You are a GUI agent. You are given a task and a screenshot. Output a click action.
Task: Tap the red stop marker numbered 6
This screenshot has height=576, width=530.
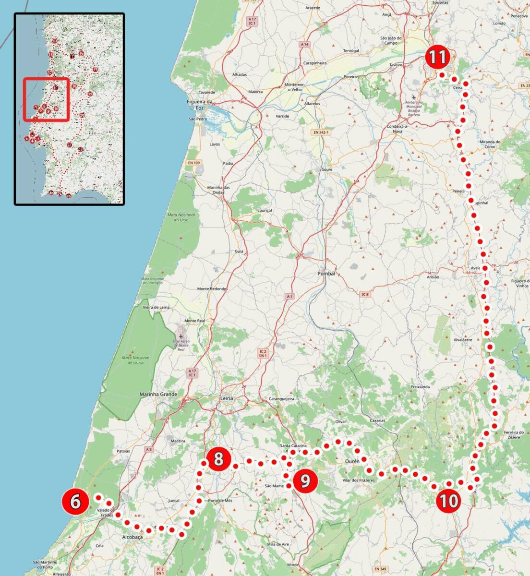75,502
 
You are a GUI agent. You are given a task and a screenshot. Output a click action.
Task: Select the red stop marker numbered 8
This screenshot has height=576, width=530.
218,459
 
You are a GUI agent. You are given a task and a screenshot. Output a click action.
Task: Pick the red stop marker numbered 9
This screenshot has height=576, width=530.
305,480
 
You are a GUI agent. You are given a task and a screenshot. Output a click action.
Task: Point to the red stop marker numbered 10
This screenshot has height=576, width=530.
449,501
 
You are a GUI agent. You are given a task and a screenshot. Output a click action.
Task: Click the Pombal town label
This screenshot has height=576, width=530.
325,274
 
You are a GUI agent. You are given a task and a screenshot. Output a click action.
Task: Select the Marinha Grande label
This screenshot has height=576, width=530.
158,395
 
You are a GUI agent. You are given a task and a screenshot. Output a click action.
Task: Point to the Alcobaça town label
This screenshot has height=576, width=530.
132,537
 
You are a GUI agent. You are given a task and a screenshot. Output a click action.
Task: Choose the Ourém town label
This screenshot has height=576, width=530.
352,461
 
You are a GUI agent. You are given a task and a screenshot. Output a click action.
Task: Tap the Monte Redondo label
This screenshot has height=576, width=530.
212,289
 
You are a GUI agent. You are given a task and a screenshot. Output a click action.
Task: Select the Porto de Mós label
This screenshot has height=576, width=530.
221,501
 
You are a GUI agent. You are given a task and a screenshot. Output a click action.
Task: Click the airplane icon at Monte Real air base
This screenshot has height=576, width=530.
181,335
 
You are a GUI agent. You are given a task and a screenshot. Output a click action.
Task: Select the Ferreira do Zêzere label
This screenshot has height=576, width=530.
514,436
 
